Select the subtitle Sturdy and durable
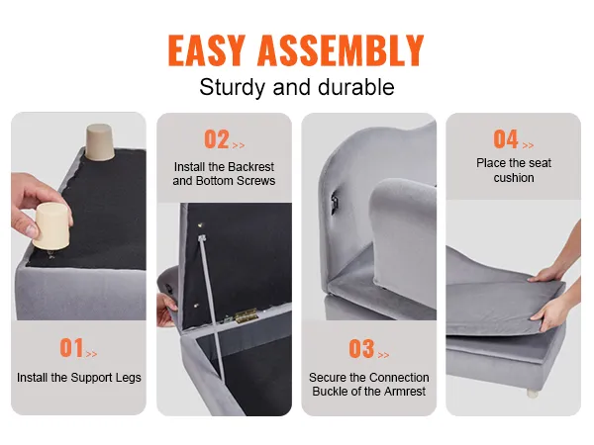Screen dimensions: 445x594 (297, 87)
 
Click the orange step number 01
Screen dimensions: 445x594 (71, 348)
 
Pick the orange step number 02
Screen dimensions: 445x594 (217, 139)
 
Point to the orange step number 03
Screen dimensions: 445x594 (361, 349)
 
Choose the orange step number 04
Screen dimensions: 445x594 (506, 139)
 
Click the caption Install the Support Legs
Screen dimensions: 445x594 (79, 378)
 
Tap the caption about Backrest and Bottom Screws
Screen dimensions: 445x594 (224, 174)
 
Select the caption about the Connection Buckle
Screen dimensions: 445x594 (369, 385)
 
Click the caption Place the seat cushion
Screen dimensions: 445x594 (513, 170)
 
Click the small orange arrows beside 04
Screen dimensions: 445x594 (529, 144)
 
